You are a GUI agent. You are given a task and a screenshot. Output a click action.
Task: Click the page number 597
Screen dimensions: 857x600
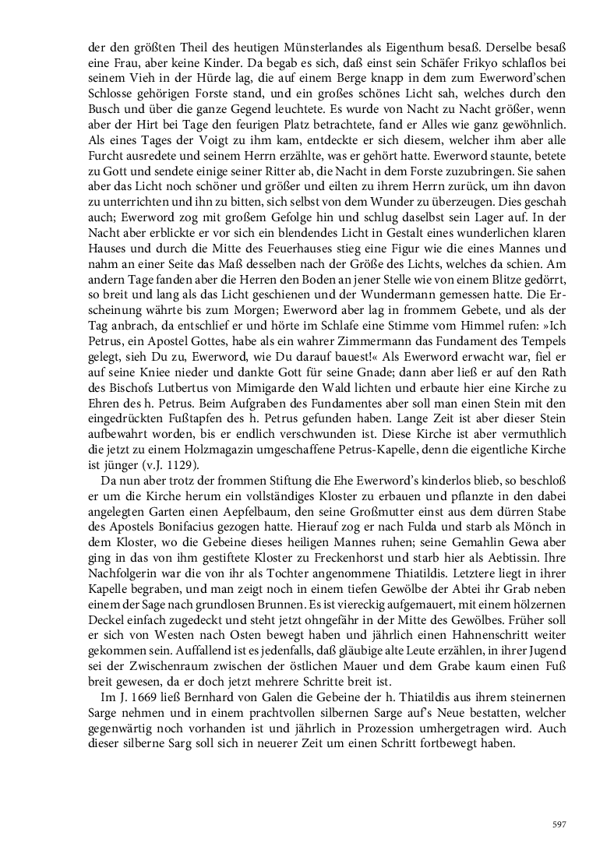pyautogui.click(x=558, y=825)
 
